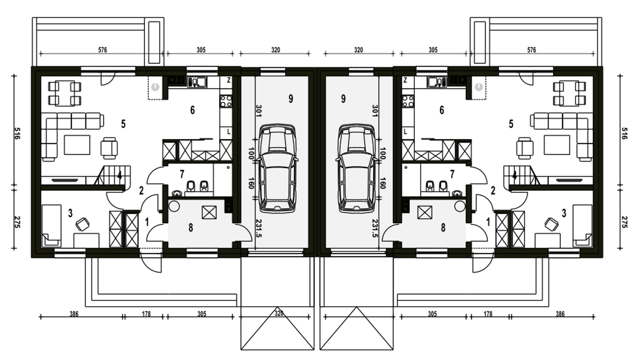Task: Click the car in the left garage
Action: click(x=278, y=167)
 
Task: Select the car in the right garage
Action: click(x=357, y=167)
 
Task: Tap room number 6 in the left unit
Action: click(x=192, y=110)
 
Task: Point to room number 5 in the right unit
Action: click(x=511, y=124)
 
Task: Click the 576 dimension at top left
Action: click(x=103, y=50)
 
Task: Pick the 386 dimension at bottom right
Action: click(x=560, y=314)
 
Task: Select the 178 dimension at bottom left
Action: click(x=146, y=314)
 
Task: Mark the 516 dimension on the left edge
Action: click(x=17, y=134)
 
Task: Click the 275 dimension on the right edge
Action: click(x=625, y=222)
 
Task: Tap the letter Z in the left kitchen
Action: click(x=229, y=80)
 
